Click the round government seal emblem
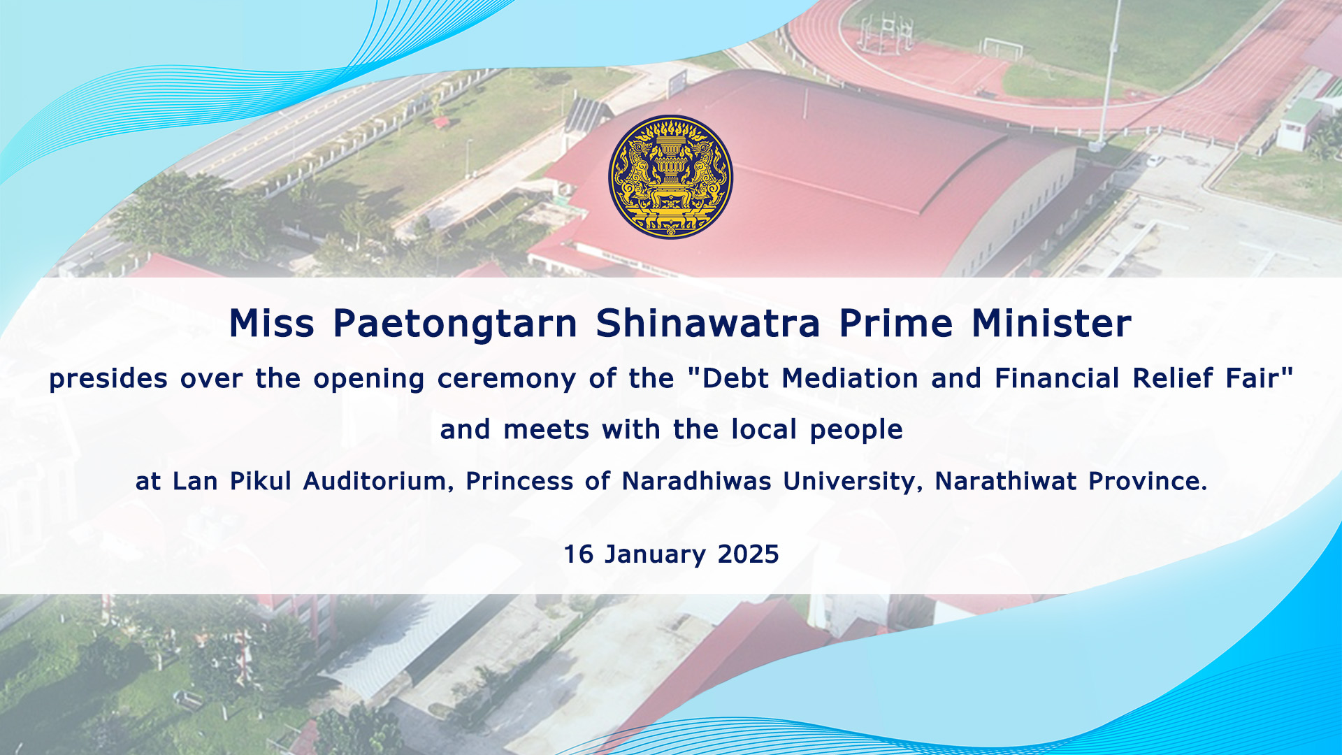point(670,177)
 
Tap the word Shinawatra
point(708,323)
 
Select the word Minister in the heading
point(1051,323)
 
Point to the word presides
point(108,380)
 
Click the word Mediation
point(850,378)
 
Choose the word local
point(764,429)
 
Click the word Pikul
point(260,481)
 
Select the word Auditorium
point(378,482)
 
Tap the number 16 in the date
point(579,554)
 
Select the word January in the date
point(656,555)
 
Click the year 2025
point(748,554)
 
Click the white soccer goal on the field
point(1002,48)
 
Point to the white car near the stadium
point(1155,160)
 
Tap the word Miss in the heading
point(272,323)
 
